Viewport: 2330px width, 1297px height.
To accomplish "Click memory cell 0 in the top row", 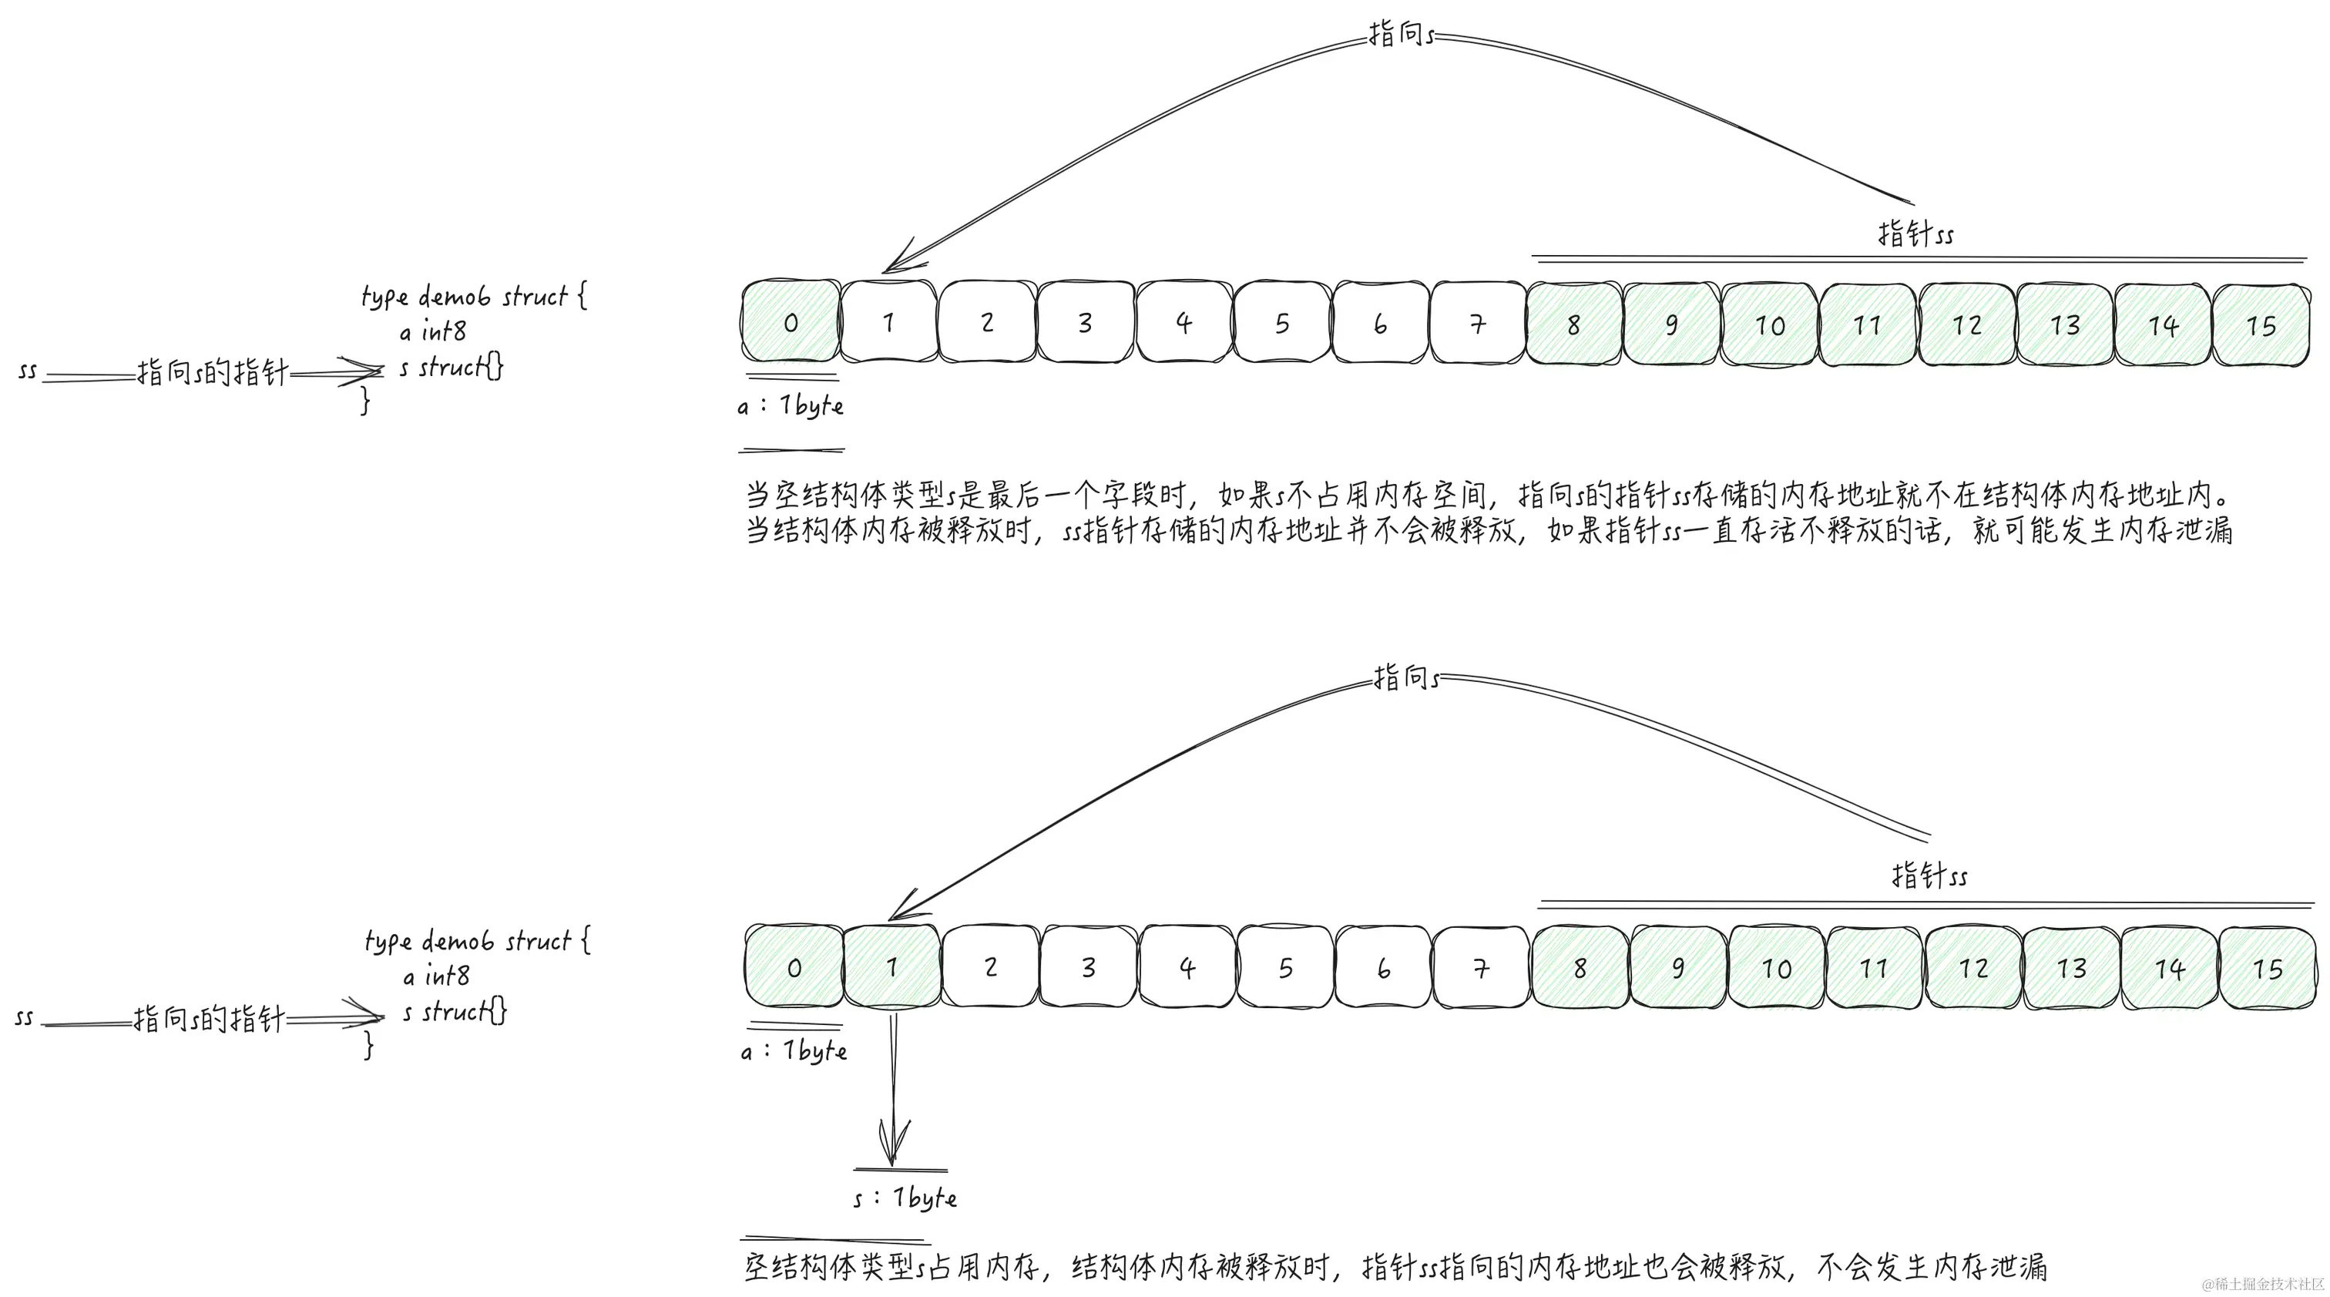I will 791,322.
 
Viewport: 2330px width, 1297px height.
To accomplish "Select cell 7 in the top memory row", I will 1477,323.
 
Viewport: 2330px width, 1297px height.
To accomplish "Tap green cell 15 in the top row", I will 2261,324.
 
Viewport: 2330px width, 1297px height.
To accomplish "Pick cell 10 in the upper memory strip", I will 1769,324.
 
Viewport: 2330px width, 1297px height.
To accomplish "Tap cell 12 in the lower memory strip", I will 1972,968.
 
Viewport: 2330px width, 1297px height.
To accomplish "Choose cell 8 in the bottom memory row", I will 1580,968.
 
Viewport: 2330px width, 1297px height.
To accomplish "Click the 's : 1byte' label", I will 905,1198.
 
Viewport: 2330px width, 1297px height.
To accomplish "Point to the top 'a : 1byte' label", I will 791,405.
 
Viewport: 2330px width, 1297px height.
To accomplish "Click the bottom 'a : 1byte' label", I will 794,1050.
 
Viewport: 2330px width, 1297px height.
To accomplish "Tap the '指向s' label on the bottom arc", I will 1405,677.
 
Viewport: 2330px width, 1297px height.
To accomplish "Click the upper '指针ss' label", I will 1915,234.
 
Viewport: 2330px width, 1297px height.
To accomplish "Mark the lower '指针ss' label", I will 1929,875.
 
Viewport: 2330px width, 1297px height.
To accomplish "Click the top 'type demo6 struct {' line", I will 474,297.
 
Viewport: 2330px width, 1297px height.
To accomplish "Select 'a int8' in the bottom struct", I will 436,976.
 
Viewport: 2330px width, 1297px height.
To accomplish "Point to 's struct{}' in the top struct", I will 452,367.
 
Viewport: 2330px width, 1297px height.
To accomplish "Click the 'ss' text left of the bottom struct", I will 25,1017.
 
